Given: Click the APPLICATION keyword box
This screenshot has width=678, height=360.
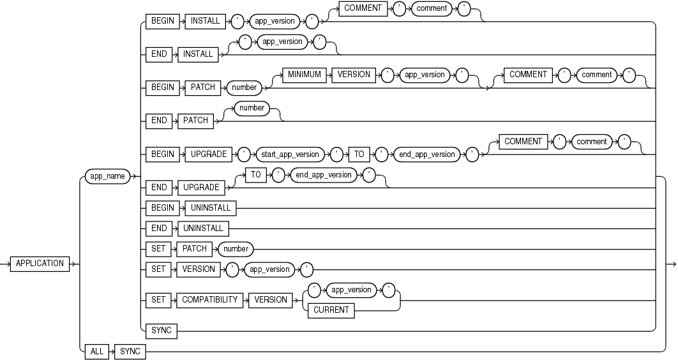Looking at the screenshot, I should point(40,264).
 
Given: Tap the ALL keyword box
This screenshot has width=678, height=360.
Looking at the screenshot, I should point(96,352).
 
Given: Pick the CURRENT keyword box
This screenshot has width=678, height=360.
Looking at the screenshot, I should point(331,310).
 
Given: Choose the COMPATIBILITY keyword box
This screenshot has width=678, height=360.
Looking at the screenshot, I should point(209,300).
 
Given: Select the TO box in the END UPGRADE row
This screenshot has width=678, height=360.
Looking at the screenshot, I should point(256,174).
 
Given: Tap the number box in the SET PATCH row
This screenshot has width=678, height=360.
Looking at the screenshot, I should point(236,249).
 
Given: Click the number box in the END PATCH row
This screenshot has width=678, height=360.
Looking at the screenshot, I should point(252,108).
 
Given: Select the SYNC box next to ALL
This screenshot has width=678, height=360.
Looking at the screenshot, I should point(130,352).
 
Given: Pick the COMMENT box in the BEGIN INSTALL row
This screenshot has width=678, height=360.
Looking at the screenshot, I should point(363,8).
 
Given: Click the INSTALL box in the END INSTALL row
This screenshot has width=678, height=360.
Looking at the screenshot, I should point(198,54).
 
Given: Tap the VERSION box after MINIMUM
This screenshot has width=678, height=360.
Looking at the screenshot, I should point(354,75).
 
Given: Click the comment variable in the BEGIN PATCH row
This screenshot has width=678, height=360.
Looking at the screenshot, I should point(596,75).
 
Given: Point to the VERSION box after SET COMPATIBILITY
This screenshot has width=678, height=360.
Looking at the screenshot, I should point(271,300).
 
